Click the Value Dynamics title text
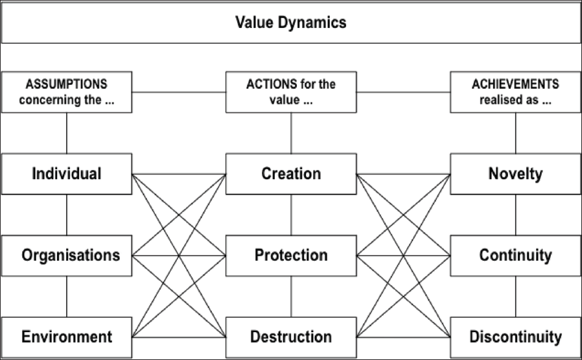(x=290, y=22)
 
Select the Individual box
(x=67, y=174)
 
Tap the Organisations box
(x=67, y=256)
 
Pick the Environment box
(x=67, y=337)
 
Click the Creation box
(x=291, y=174)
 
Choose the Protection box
(x=291, y=256)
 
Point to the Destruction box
(x=291, y=337)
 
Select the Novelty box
(x=515, y=174)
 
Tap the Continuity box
(x=515, y=256)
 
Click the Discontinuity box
(x=515, y=337)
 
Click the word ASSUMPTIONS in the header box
(x=67, y=84)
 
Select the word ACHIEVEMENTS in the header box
(x=515, y=84)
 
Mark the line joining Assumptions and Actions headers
(x=179, y=92)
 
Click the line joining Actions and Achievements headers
(x=404, y=92)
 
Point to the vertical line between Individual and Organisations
(x=67, y=215)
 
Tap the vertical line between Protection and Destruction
(x=291, y=296)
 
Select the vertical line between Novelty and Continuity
(x=515, y=215)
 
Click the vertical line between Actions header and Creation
(x=291, y=133)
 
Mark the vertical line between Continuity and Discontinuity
(x=515, y=296)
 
